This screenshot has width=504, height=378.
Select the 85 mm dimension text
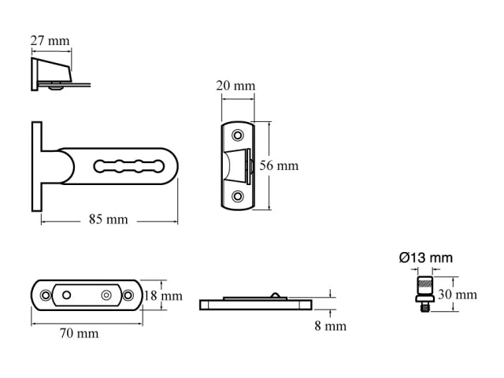(x=108, y=220)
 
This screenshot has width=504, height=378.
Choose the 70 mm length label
(x=80, y=333)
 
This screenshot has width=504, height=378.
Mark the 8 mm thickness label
(x=330, y=325)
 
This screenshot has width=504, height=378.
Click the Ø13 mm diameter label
(x=425, y=258)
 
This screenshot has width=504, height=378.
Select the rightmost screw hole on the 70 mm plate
(x=128, y=295)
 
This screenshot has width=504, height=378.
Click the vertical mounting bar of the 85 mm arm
(x=36, y=166)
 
